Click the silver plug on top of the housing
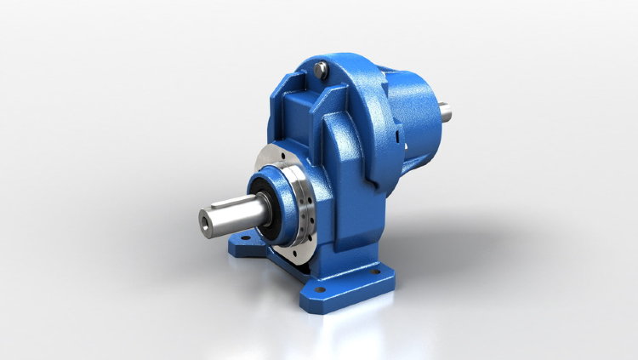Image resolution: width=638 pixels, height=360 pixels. (320, 69)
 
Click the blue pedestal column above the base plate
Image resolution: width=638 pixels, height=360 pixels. (340, 230)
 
